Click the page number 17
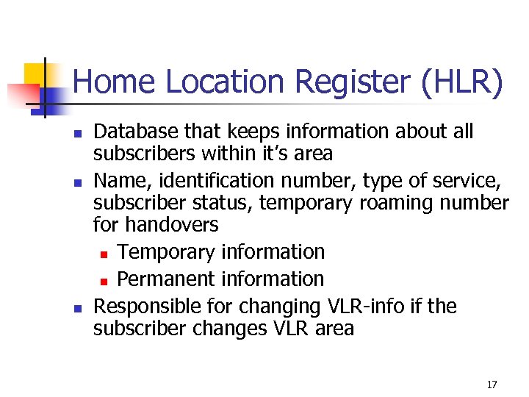coord(492,385)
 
